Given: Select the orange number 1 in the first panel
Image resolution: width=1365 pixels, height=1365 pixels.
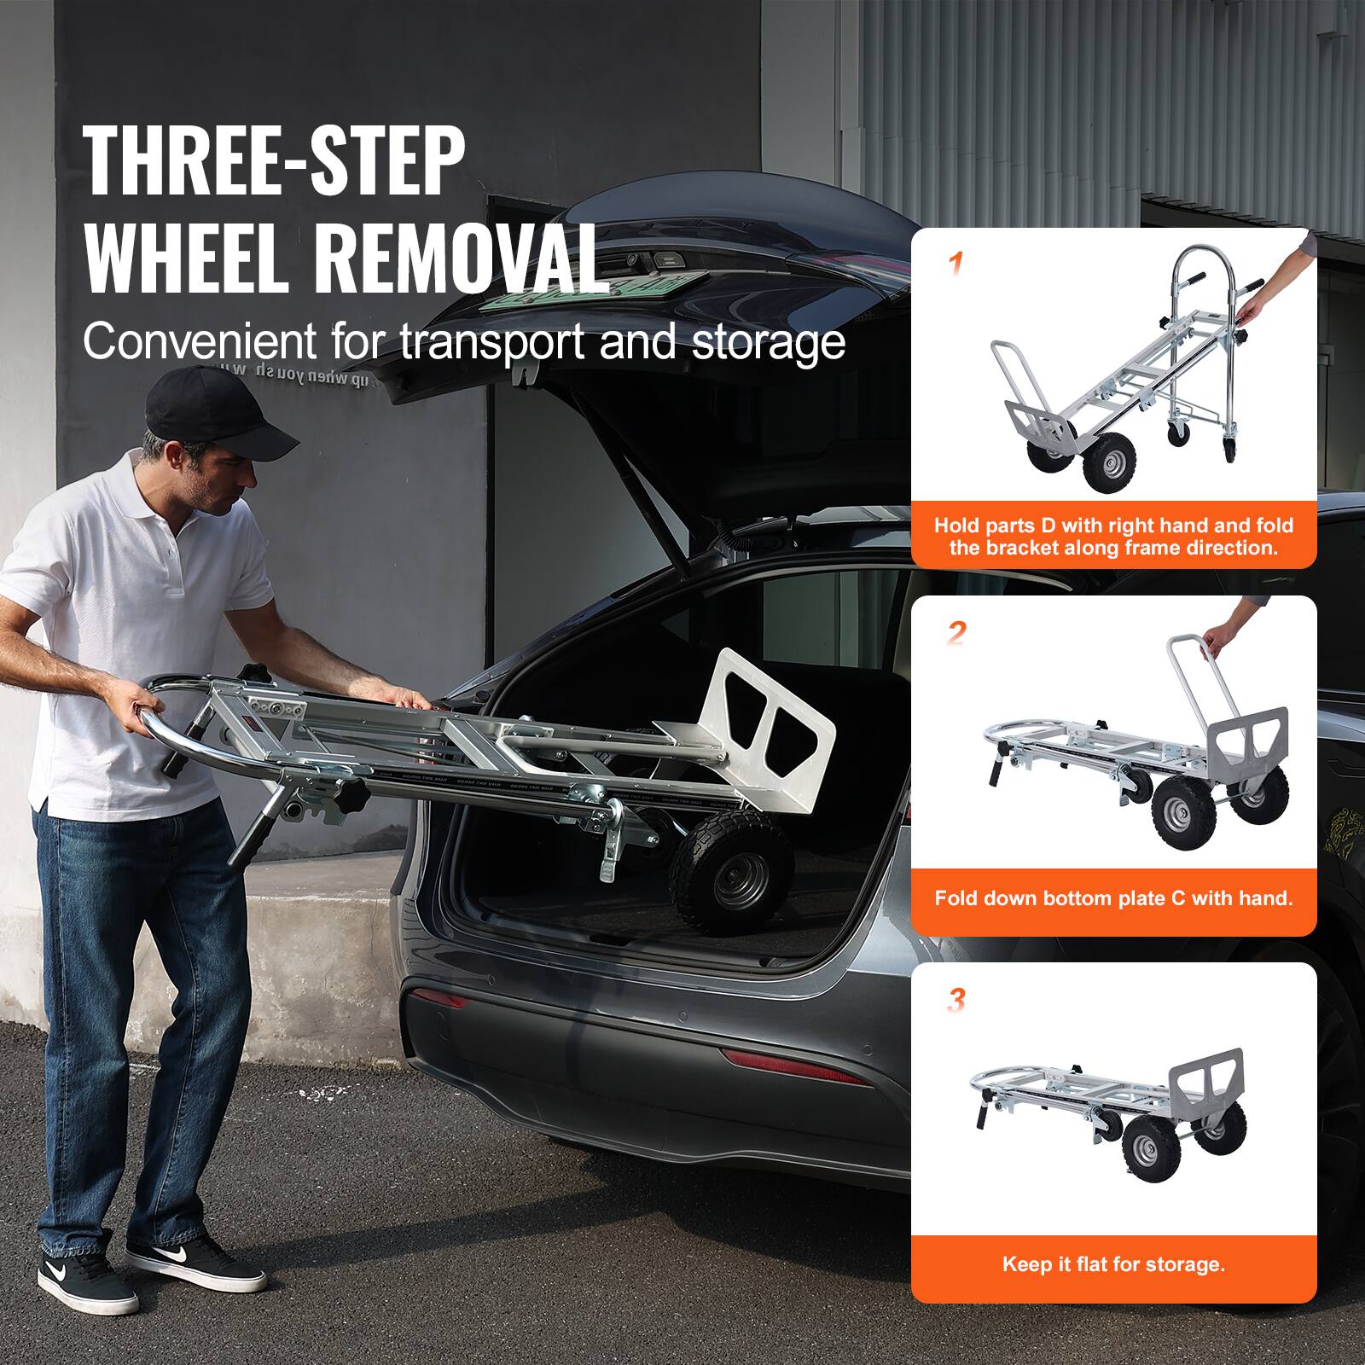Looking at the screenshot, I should pyautogui.click(x=957, y=264).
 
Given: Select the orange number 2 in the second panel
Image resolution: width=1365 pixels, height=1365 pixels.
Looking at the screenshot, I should pyautogui.click(x=957, y=633).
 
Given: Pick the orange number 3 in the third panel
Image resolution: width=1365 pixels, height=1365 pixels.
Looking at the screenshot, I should pyautogui.click(x=957, y=1001).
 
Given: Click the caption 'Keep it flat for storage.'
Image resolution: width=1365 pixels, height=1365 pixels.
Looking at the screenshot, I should pyautogui.click(x=1113, y=1263).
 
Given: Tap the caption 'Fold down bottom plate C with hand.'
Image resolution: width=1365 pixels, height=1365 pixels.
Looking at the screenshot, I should pyautogui.click(x=1113, y=897).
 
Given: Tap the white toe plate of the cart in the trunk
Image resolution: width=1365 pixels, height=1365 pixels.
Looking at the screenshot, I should pyautogui.click(x=772, y=717).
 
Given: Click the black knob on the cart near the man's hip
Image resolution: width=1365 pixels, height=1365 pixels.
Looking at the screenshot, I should pyautogui.click(x=351, y=798).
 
